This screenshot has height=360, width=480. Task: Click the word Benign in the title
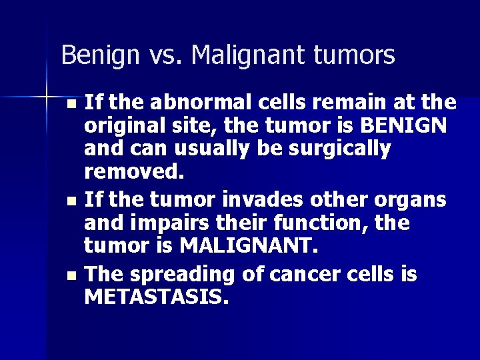point(93,55)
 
